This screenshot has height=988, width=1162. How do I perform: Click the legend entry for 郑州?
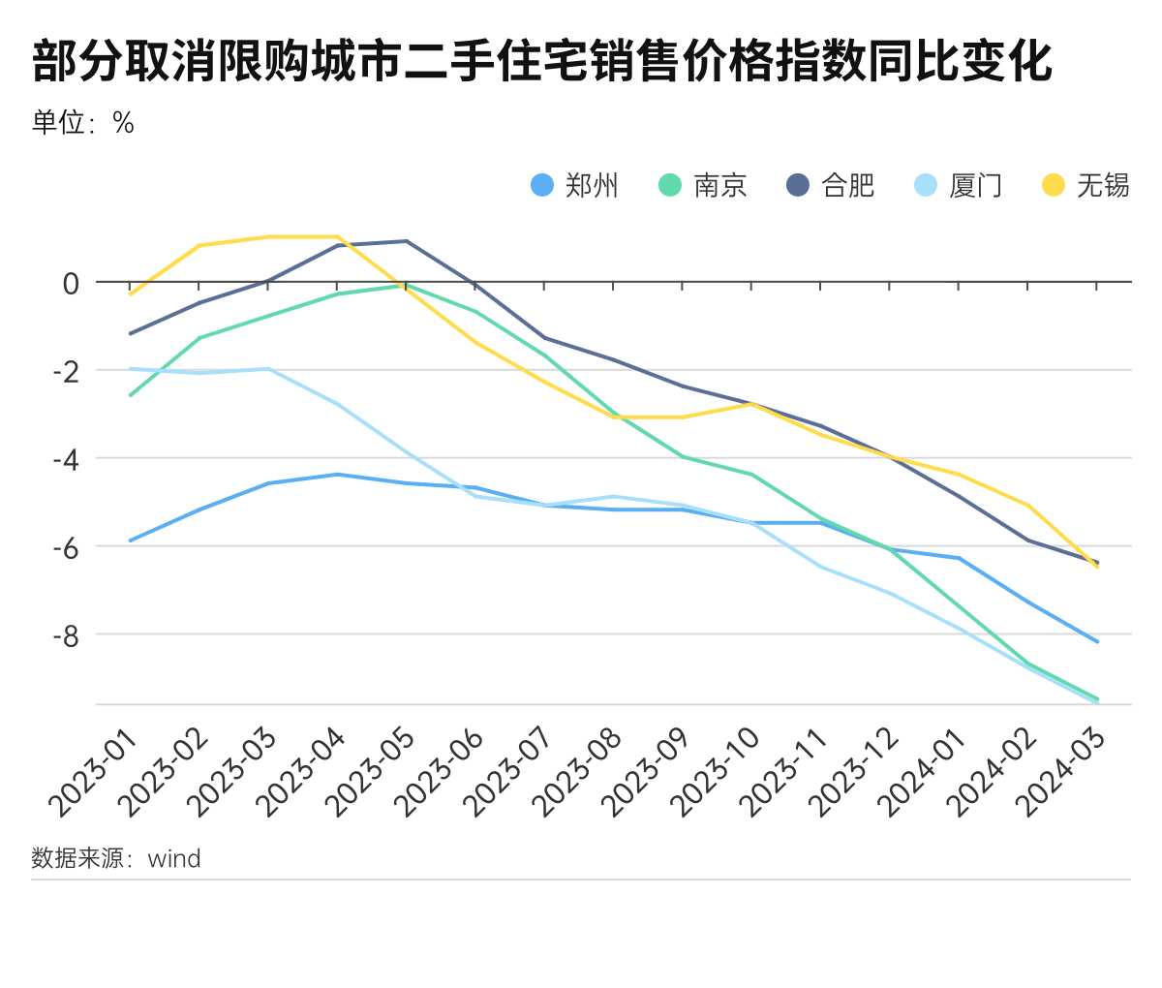(x=575, y=185)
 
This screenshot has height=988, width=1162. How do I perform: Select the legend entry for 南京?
(x=703, y=185)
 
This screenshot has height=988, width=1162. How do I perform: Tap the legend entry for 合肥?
(x=831, y=185)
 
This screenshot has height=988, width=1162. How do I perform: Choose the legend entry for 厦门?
(x=959, y=185)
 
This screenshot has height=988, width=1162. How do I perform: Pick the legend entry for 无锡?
(x=1086, y=185)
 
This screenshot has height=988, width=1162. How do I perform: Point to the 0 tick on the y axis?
(x=71, y=284)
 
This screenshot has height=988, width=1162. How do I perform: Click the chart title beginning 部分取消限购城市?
(x=542, y=62)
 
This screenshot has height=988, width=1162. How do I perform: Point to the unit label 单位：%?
(x=83, y=123)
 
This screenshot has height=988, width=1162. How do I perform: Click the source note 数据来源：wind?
(x=116, y=858)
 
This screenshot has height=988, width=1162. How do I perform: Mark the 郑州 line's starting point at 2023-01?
(x=131, y=540)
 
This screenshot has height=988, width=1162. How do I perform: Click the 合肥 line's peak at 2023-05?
(x=407, y=241)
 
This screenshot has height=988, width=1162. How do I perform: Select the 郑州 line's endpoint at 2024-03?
(x=1097, y=641)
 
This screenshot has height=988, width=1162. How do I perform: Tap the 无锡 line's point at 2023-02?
(x=199, y=246)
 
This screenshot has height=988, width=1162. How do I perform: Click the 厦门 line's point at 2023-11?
(x=821, y=567)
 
